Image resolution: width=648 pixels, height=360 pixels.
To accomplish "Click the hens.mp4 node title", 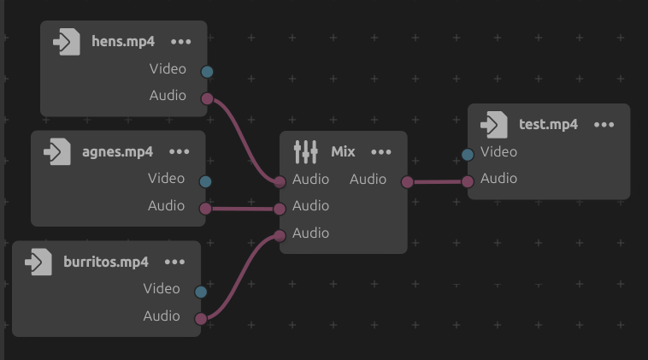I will click(x=123, y=41).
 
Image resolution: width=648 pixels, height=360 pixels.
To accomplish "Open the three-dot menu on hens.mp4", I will click(x=181, y=41).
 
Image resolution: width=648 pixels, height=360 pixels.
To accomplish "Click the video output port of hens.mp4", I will click(x=207, y=72).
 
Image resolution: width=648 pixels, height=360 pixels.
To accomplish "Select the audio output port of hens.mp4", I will click(x=207, y=99).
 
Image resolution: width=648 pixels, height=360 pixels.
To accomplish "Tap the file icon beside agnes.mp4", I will click(x=57, y=151).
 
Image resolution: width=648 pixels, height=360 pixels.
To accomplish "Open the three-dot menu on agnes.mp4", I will click(x=180, y=151).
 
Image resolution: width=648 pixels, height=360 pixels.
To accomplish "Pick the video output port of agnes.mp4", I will click(x=205, y=181).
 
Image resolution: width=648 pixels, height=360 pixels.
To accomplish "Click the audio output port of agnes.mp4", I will click(x=205, y=208).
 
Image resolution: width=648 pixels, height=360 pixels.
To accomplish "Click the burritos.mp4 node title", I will click(x=106, y=262).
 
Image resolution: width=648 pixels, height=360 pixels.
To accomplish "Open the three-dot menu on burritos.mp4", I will click(x=175, y=262).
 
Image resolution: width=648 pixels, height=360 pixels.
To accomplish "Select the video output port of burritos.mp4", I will click(x=201, y=292).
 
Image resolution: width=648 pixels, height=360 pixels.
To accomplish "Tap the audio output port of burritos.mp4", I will click(x=201, y=319).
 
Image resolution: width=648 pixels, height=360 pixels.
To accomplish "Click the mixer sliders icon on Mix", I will click(x=305, y=151).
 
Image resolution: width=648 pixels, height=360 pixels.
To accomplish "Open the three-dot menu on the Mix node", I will click(x=381, y=151).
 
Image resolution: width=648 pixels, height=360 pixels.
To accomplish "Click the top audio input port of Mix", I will click(x=280, y=181).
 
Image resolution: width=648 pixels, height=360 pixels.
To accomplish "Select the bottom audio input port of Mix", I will click(x=280, y=235).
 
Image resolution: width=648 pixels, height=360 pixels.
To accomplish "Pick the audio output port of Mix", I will click(x=407, y=181).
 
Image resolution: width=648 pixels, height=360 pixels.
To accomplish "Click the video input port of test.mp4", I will click(x=468, y=155).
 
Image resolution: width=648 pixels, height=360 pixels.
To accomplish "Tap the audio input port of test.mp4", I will click(x=468, y=181).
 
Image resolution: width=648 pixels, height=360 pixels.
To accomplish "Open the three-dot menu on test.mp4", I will click(x=604, y=124).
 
